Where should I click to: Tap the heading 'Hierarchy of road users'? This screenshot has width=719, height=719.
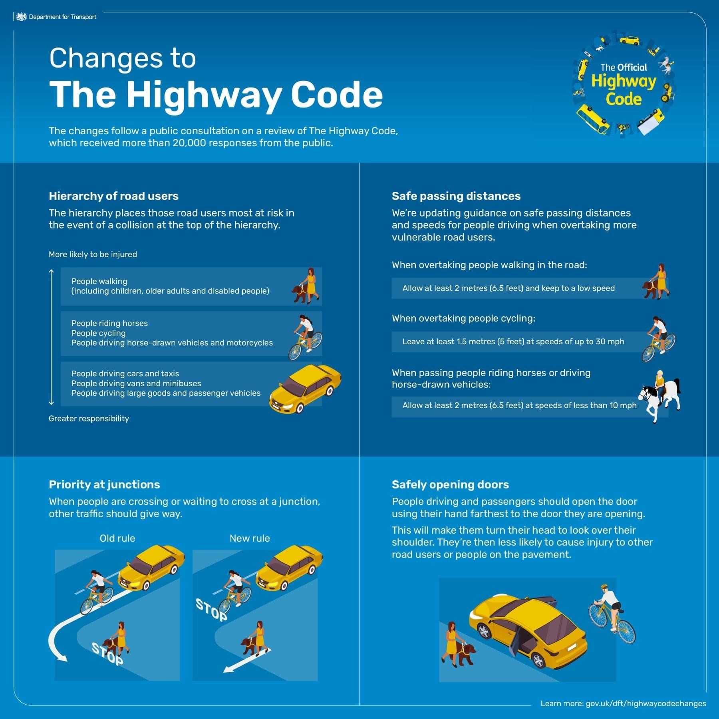113,196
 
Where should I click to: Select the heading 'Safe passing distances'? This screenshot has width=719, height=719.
456,196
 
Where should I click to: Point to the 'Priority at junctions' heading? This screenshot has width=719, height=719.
104,485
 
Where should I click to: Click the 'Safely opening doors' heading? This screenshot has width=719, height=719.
450,485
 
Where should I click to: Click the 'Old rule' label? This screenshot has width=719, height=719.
117,538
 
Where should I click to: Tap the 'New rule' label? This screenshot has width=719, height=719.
250,538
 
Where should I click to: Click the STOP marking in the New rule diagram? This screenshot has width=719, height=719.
211,610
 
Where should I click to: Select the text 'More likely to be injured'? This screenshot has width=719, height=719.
93,254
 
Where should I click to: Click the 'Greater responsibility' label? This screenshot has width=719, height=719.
89,419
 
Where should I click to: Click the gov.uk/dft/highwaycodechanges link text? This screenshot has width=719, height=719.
646,703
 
